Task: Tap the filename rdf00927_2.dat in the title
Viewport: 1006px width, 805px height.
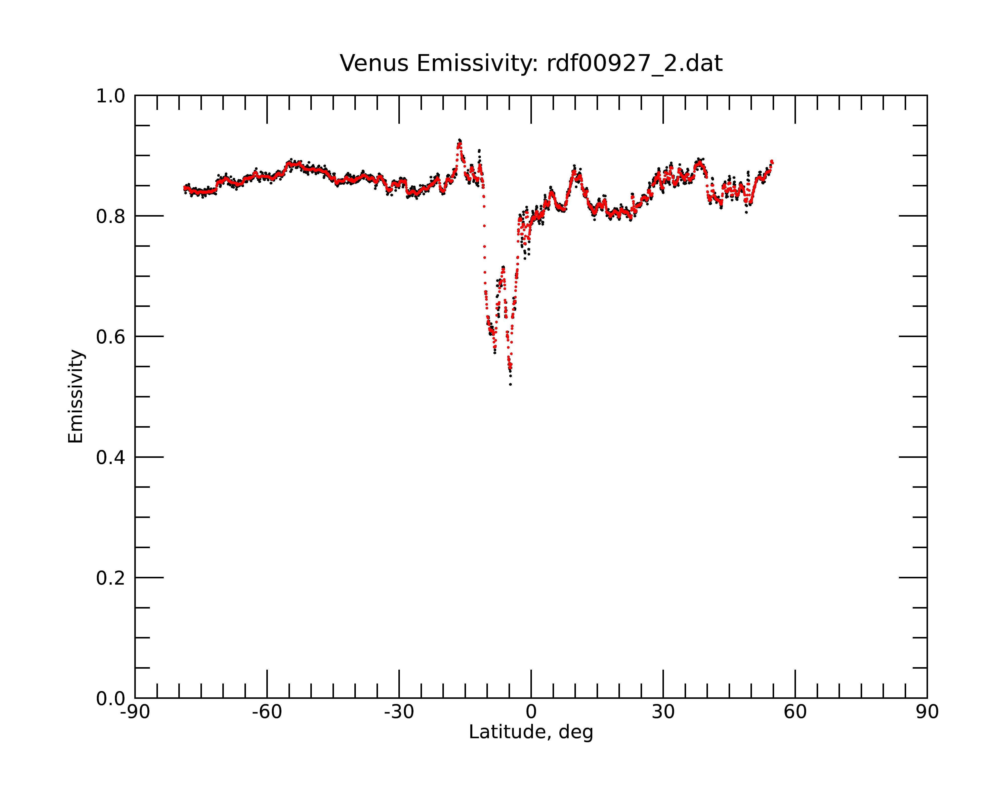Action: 635,64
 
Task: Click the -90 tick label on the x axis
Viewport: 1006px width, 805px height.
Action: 135,712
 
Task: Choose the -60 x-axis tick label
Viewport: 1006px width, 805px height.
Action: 267,712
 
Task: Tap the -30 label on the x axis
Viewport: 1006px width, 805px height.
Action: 399,712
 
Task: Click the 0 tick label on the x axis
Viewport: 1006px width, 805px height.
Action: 531,712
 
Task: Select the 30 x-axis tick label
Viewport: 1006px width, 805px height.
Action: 663,712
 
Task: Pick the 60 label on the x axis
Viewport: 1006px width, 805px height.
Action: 795,712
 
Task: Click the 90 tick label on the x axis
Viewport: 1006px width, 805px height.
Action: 927,712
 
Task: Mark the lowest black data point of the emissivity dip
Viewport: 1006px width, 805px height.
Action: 511,385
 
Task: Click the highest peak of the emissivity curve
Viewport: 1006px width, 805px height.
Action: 459,140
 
